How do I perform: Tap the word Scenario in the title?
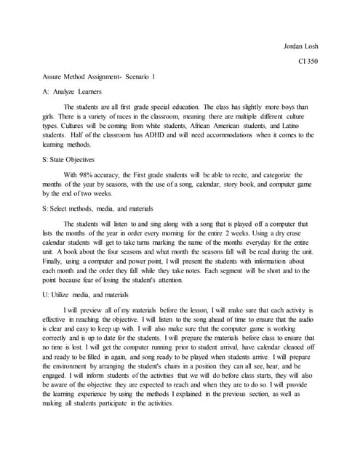point(130,76)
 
